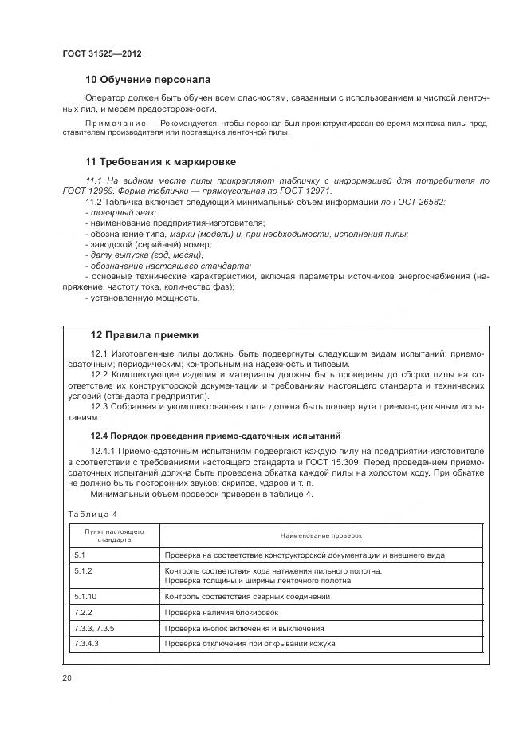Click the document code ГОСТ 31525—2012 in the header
coord(101,53)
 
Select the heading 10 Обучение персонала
coord(147,80)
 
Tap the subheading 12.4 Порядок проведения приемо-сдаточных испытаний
coord(215,436)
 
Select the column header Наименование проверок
coord(321,535)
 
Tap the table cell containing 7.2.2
coord(83,612)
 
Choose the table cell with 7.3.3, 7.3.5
coord(94,628)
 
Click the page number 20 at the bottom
coord(67,677)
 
